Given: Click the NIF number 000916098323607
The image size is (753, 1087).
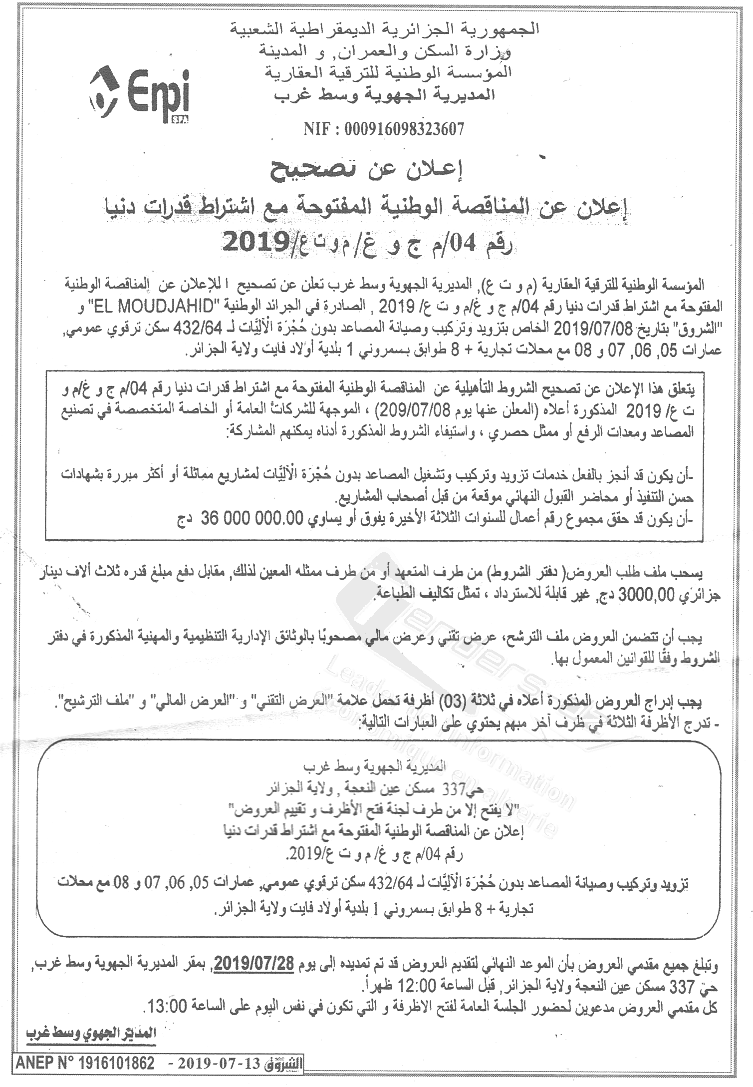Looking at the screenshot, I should coord(384,129).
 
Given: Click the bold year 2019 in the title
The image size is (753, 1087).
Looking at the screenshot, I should coord(248,243).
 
